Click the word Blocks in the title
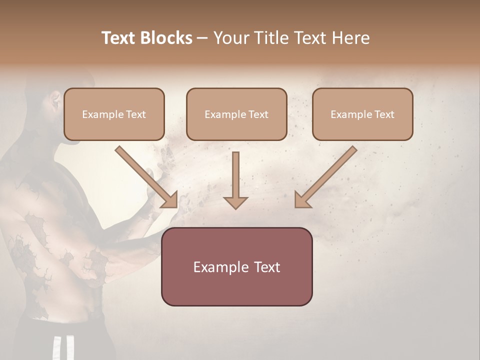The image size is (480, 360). pyautogui.click(x=166, y=38)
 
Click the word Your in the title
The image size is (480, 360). pyautogui.click(x=230, y=38)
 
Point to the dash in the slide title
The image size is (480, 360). pyautogui.click(x=202, y=38)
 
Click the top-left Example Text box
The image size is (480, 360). pyautogui.click(x=114, y=114)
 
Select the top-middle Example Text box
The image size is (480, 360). pyautogui.click(x=236, y=114)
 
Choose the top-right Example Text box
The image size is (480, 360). pyautogui.click(x=362, y=114)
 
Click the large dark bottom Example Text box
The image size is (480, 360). pyautogui.click(x=236, y=266)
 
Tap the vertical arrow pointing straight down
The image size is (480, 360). pyautogui.click(x=235, y=177)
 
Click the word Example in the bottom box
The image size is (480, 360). pyautogui.click(x=220, y=267)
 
